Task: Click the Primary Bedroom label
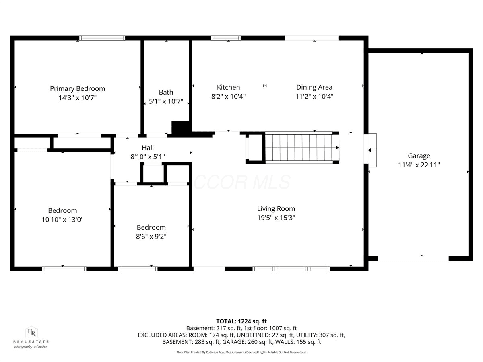(77, 88)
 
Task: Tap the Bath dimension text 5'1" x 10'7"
(166, 101)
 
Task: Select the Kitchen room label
(228, 87)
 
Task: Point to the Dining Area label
(314, 87)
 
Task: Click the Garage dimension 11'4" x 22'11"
(419, 165)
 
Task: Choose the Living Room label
(276, 209)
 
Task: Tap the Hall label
(148, 148)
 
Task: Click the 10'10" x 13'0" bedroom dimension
(63, 219)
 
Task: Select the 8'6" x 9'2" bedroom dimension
(151, 236)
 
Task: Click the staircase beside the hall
(302, 148)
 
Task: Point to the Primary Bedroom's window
(102, 38)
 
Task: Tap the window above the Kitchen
(226, 38)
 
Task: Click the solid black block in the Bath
(180, 128)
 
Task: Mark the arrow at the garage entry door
(372, 150)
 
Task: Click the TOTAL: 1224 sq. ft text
(242, 321)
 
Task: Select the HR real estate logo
(31, 337)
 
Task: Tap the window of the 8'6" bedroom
(138, 269)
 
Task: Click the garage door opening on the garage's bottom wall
(413, 258)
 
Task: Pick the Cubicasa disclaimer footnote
(242, 352)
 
